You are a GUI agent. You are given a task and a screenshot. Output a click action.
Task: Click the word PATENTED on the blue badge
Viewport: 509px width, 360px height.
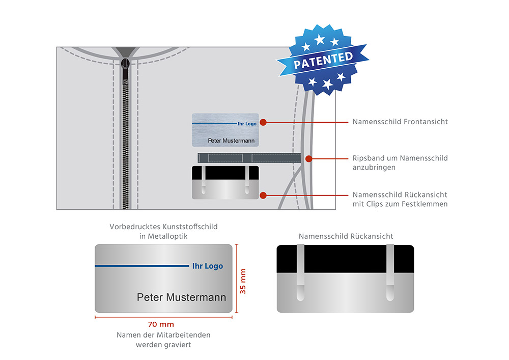[x=323, y=61]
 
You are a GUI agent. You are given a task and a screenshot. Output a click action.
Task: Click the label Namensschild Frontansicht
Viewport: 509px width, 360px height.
[x=400, y=122]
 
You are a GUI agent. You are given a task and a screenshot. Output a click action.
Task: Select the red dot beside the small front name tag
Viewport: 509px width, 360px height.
[x=263, y=122]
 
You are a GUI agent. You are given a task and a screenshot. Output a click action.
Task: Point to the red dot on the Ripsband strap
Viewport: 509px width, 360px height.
[x=308, y=159]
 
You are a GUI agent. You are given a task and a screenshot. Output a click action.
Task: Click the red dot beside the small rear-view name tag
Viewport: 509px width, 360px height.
[x=263, y=195]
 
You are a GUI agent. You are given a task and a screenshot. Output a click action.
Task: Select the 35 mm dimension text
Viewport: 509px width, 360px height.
[x=243, y=281]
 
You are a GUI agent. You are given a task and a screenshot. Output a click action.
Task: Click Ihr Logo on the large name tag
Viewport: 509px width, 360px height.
[x=207, y=266]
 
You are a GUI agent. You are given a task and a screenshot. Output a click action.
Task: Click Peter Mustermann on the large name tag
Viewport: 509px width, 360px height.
[x=181, y=297]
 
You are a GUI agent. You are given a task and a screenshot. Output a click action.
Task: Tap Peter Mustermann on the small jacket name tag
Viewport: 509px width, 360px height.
[x=231, y=140]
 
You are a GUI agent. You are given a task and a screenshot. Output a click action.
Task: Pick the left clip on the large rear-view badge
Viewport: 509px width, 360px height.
[x=301, y=272]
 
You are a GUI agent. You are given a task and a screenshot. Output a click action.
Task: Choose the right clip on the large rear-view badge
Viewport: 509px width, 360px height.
[x=390, y=272]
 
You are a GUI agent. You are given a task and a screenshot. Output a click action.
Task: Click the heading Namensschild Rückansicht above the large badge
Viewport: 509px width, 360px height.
[x=346, y=236]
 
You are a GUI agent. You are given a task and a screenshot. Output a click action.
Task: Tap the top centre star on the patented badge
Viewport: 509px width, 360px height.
[x=319, y=39]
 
